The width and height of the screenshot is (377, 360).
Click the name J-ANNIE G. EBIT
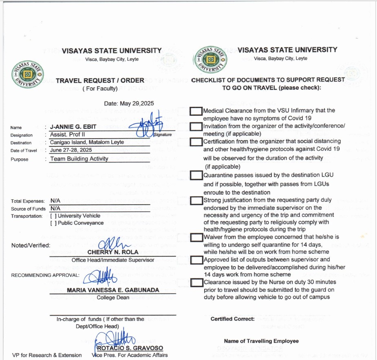point(71,127)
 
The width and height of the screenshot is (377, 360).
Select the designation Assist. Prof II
point(67,135)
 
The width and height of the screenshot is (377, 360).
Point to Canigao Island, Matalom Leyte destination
point(87,142)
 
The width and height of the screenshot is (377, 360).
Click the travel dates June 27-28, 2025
point(71,150)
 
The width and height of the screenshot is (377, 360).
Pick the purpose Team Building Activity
point(79,159)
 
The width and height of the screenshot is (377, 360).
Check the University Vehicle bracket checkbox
point(53,216)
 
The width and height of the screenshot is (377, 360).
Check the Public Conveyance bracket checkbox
point(53,223)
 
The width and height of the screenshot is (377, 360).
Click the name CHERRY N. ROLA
point(110,252)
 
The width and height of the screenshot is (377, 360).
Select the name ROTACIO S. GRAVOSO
point(129,348)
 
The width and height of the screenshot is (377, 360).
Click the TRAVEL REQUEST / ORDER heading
point(100,81)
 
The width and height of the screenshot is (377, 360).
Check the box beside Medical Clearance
point(196,111)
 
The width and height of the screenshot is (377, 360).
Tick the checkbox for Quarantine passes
point(196,175)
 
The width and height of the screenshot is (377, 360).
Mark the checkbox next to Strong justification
point(196,200)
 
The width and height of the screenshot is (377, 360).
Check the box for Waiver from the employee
point(196,237)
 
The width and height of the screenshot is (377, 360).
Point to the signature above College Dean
point(98,277)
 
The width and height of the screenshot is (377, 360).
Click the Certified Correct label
point(232,319)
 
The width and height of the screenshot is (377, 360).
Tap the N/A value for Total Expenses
point(55,201)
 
